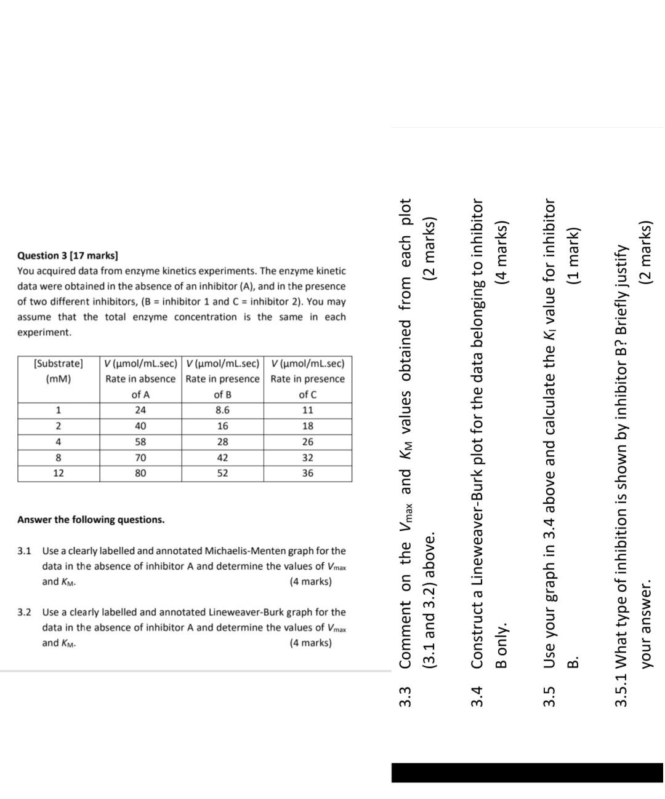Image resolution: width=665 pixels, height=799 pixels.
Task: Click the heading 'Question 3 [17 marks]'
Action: [68, 255]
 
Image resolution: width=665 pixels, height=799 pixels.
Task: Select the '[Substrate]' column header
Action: [58, 364]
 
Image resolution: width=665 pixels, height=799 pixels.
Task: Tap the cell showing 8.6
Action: [222, 410]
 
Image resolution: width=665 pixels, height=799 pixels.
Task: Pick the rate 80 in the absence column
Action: [140, 473]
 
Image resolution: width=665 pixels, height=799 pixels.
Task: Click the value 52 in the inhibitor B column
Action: [222, 473]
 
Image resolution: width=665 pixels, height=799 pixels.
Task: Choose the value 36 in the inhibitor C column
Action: [307, 473]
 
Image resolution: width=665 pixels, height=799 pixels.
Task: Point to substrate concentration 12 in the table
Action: [58, 473]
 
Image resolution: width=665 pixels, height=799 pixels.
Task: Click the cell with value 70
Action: [140, 458]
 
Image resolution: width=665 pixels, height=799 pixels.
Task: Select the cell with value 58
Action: [140, 442]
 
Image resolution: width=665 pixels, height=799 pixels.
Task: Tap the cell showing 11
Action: [307, 410]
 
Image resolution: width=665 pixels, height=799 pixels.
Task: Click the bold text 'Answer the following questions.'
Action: [91, 520]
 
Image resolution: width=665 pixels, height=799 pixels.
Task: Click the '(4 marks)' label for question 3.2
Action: [310, 643]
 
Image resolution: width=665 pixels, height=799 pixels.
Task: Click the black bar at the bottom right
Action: [527, 773]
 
